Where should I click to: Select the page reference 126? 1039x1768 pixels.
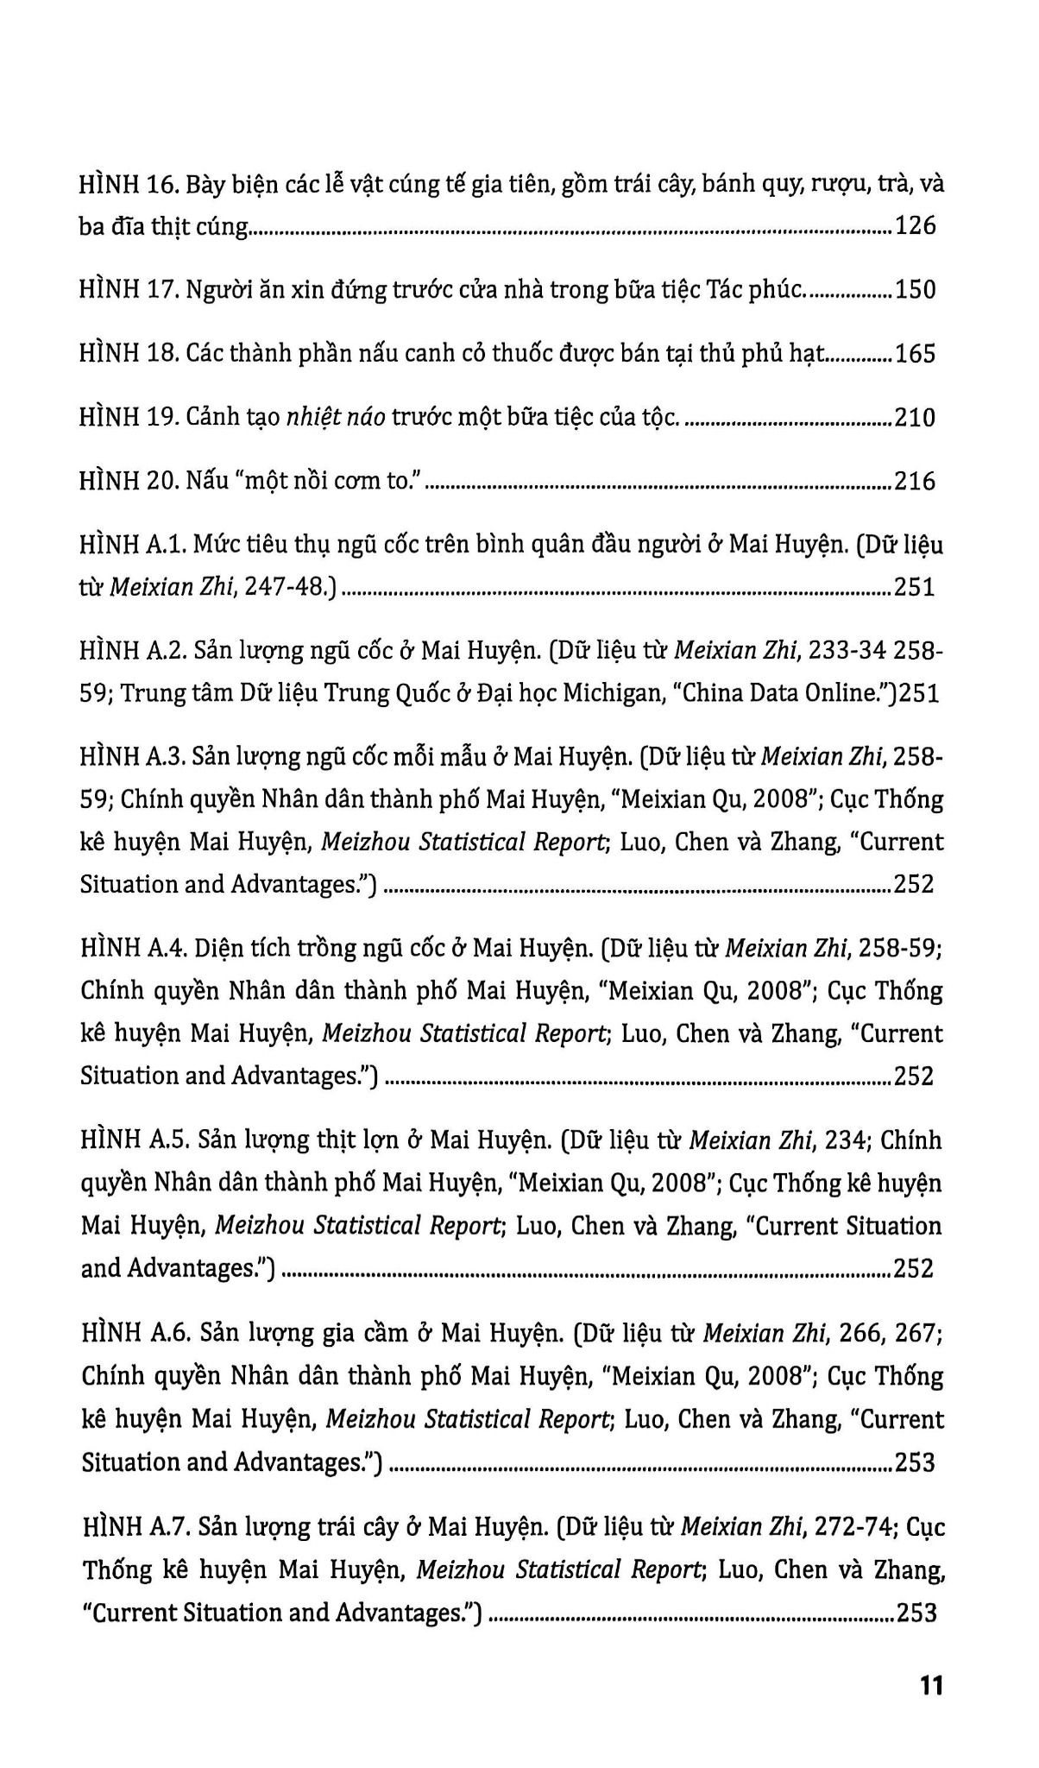[915, 227]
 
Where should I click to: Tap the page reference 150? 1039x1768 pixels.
[915, 290]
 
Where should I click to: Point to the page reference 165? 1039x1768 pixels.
[915, 354]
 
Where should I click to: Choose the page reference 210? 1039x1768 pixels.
[915, 418]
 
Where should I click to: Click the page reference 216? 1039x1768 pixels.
[915, 481]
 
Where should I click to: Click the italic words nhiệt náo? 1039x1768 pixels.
[336, 418]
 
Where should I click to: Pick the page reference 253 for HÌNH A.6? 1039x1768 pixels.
[915, 1462]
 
